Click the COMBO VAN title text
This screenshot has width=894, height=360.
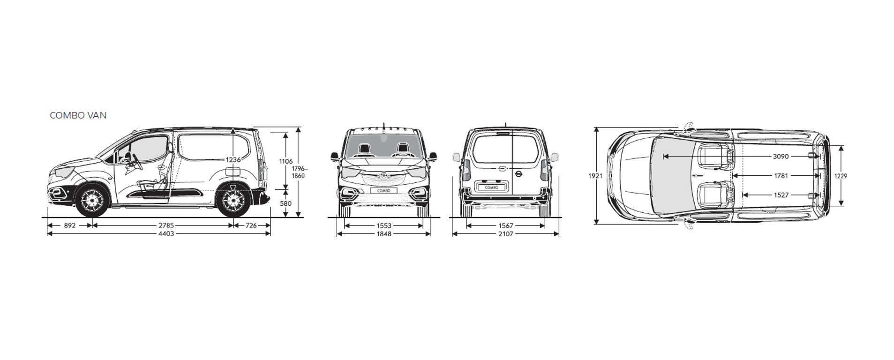78,115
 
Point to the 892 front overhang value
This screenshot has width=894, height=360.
69,225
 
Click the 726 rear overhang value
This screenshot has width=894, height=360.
251,225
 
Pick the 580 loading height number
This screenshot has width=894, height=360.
285,203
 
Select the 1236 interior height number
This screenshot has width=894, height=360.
233,160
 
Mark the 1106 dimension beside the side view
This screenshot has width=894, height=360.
285,161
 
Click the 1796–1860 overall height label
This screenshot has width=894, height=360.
298,172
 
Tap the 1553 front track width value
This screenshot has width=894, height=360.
383,225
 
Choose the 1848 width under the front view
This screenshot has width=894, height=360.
383,233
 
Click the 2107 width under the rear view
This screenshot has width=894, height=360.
505,233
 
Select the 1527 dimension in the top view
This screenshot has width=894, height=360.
781,195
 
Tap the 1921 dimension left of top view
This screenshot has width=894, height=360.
595,176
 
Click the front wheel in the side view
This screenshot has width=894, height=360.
92,201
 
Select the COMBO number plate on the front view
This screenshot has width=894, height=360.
383,191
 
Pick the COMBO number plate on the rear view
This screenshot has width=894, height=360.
491,187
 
